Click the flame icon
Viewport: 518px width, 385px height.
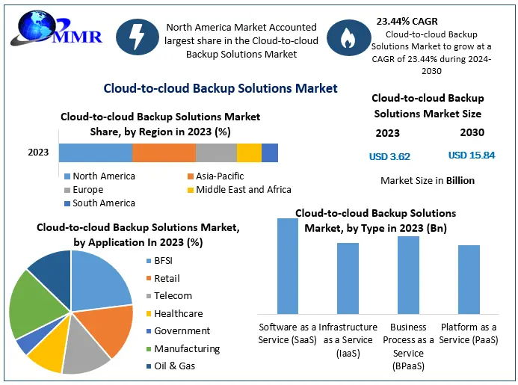pos(348,38)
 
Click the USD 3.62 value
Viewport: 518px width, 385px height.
pos(389,157)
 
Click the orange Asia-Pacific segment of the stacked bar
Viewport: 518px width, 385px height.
pos(164,153)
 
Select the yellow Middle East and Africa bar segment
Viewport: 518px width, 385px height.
pos(249,153)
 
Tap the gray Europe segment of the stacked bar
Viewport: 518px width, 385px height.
pos(216,153)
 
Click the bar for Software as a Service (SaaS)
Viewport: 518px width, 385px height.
pos(288,266)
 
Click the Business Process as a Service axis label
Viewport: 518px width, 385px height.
pos(408,345)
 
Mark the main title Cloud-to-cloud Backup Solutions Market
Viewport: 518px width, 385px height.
pos(220,88)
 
